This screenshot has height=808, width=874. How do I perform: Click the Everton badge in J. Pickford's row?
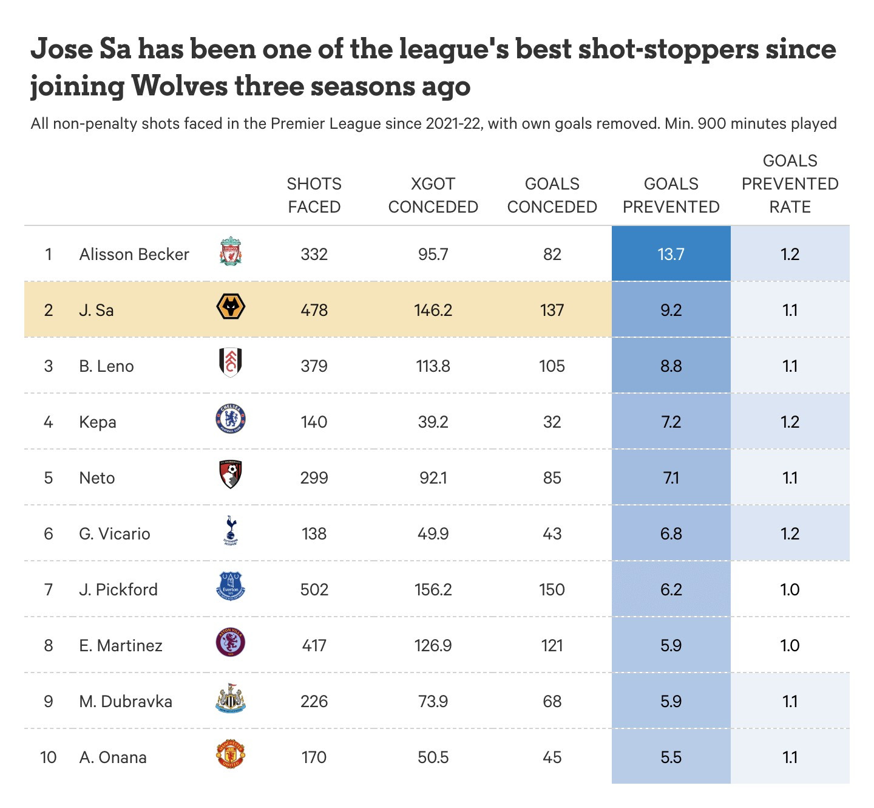[x=231, y=587]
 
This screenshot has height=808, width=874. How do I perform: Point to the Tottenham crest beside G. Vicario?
[x=231, y=530]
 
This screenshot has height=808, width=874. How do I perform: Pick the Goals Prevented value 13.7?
[x=671, y=254]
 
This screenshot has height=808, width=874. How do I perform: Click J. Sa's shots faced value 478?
[x=314, y=310]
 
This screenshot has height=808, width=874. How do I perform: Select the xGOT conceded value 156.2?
[x=433, y=589]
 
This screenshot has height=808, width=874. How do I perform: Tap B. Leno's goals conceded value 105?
[x=552, y=366]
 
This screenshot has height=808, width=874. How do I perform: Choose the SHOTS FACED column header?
[x=314, y=195]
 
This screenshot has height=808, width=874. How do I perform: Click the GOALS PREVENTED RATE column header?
[x=790, y=183]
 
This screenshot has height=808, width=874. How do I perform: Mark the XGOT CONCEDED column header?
[x=433, y=195]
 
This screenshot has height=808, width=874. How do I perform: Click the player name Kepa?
[x=98, y=422]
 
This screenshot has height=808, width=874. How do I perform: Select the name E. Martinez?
[x=121, y=645]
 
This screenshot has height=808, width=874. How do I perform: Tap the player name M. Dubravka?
[x=126, y=701]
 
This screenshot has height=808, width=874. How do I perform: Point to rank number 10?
[x=48, y=757]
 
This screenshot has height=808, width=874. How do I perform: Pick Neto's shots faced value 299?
[x=314, y=478]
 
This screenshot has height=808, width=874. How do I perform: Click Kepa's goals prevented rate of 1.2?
[x=790, y=422]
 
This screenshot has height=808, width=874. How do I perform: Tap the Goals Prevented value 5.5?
[x=671, y=757]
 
